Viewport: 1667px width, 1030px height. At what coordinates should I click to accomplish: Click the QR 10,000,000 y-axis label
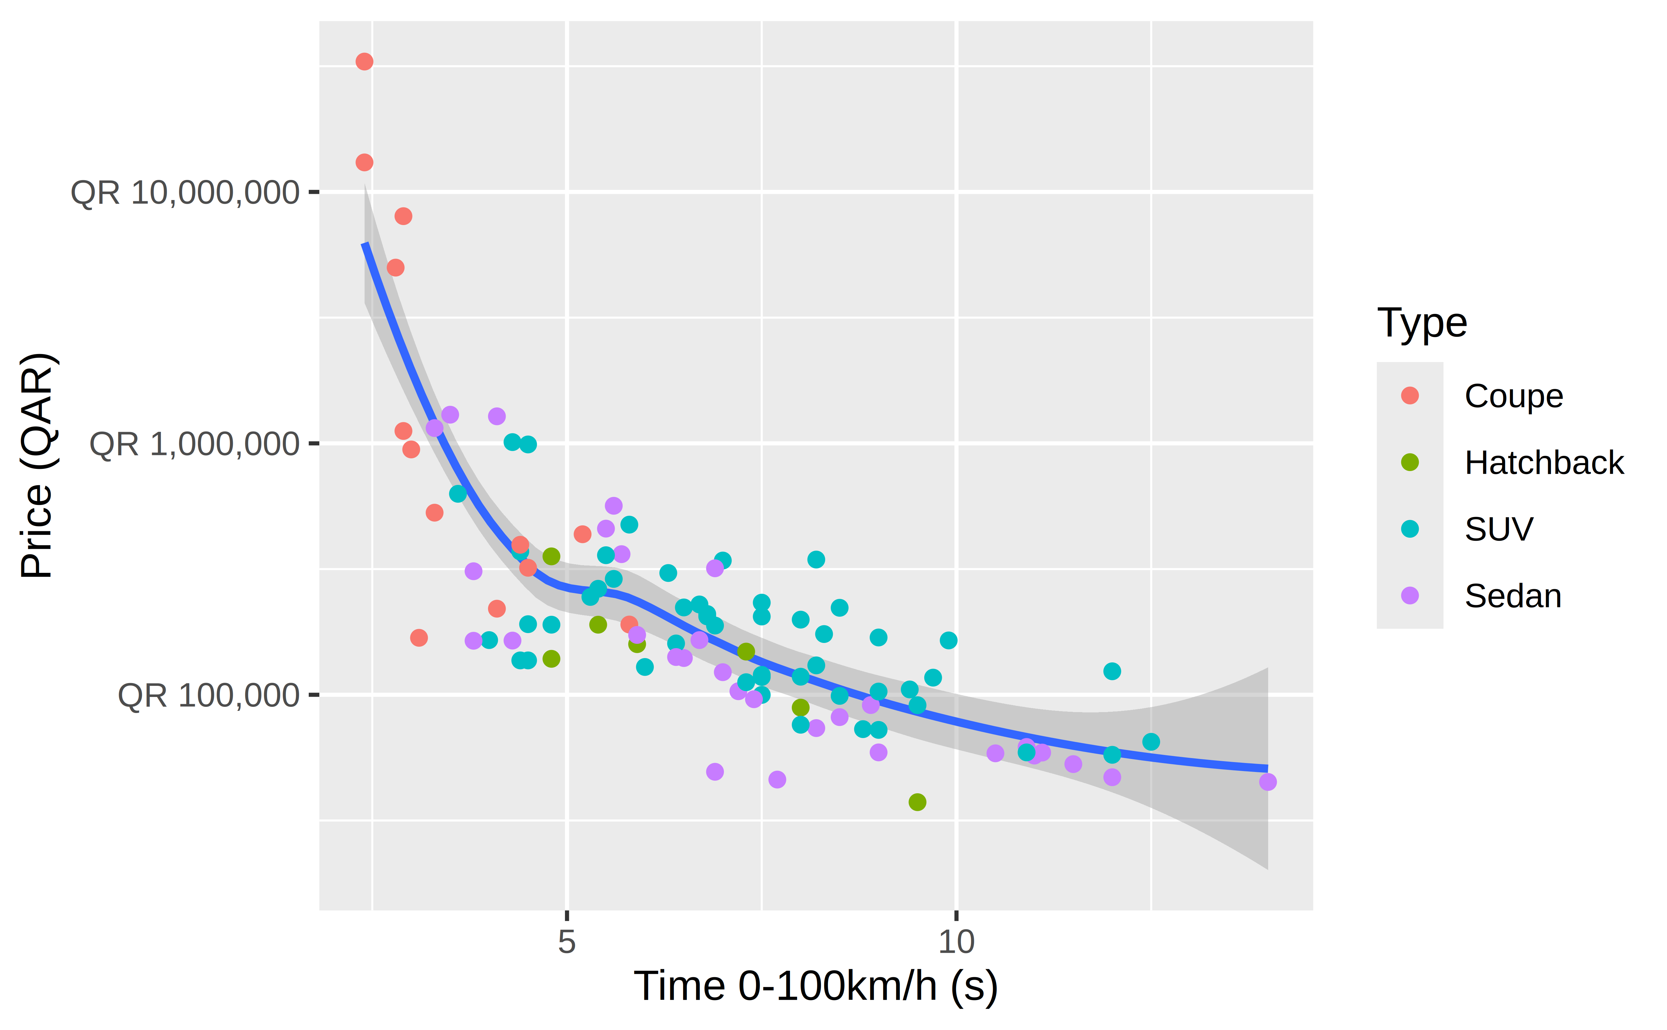(x=185, y=193)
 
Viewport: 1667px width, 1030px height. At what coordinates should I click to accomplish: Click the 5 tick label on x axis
(x=567, y=941)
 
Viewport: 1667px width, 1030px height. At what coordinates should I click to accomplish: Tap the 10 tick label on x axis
(x=956, y=941)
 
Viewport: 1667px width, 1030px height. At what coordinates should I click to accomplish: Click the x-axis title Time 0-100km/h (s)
(x=816, y=986)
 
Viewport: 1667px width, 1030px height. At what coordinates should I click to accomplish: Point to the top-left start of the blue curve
(x=365, y=244)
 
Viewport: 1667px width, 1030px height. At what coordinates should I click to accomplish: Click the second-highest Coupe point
(x=365, y=162)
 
